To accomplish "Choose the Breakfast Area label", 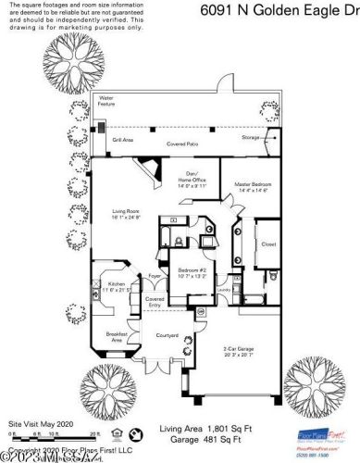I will coord(117,337).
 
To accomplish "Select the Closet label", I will coord(269,245).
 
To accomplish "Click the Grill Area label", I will coord(123,140).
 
